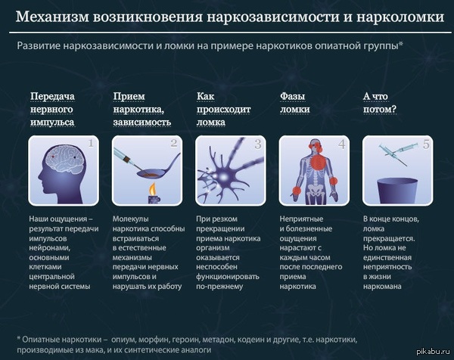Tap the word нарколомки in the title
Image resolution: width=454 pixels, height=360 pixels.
[400, 17]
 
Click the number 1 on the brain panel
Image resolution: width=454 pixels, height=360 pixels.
[91, 143]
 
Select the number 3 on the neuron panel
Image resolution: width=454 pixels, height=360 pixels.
[258, 144]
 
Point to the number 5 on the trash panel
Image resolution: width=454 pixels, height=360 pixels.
[425, 144]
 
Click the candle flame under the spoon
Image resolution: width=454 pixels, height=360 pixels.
[153, 190]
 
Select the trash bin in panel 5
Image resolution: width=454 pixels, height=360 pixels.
[397, 191]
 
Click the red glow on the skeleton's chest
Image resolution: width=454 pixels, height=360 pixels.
[319, 161]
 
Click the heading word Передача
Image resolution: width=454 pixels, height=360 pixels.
[52, 96]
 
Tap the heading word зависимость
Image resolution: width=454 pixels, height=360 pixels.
[142, 123]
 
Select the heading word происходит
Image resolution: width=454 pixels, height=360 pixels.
[223, 110]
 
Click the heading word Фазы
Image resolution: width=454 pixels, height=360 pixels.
[292, 96]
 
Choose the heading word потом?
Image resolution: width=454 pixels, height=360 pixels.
[380, 110]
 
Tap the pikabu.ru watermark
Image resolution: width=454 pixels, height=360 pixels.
[434, 352]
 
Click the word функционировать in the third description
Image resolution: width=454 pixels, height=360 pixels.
[228, 277]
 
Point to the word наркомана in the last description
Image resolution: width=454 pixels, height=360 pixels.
[382, 287]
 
